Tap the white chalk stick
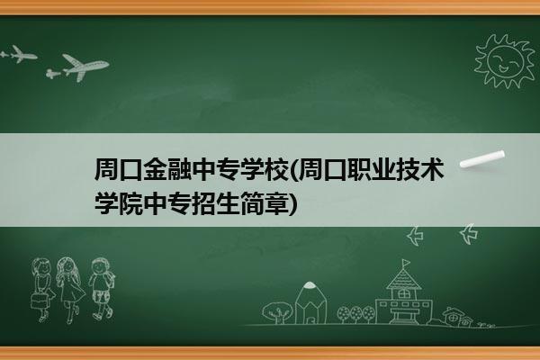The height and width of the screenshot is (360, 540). point(482,159)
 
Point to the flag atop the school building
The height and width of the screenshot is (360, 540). point(407,263)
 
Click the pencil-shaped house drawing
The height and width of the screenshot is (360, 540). point(310,302)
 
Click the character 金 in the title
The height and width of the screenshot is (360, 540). point(155,169)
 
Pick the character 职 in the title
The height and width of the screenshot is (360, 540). point(358,169)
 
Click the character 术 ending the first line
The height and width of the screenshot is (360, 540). point(431,169)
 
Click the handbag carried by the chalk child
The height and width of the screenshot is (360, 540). point(38,301)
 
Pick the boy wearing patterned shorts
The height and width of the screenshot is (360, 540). point(102,289)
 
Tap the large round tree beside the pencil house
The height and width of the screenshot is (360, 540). point(276,312)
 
